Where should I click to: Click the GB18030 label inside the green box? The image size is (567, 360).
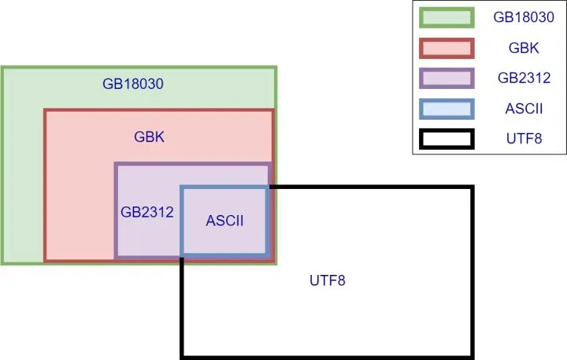click(132, 84)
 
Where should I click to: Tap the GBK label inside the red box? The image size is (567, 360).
click(149, 136)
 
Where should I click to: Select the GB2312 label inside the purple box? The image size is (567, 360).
click(146, 212)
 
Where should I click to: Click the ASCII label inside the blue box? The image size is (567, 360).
click(224, 221)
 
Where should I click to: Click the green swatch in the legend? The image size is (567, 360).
click(446, 18)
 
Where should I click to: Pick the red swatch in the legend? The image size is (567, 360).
click(446, 49)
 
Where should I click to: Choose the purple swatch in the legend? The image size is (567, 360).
click(446, 79)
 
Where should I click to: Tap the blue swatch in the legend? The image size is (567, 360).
click(446, 109)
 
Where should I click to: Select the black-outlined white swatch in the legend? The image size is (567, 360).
click(446, 139)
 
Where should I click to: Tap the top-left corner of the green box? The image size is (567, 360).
click(2, 69)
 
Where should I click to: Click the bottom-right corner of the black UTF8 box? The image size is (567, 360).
click(472, 355)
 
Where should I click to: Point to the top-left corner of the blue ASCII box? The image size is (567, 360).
click(182, 187)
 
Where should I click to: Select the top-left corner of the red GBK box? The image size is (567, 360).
click(46, 111)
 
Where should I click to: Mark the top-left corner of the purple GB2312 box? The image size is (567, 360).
click(117, 165)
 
